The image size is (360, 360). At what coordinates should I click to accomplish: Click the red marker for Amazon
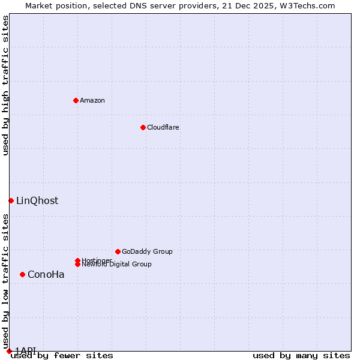(76, 100)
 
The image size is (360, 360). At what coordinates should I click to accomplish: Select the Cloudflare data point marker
(143, 127)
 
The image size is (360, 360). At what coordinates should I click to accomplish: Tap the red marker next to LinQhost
(11, 200)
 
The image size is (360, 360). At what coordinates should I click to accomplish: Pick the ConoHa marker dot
(22, 274)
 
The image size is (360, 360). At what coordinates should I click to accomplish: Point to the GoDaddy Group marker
(118, 251)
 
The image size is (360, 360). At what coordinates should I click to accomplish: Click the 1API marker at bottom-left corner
(9, 351)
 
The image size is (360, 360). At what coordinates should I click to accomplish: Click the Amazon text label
(92, 100)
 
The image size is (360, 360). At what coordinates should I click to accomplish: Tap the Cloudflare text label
(163, 127)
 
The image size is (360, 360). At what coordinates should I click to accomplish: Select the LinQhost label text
(37, 201)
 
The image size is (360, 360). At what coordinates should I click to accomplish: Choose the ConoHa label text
(46, 275)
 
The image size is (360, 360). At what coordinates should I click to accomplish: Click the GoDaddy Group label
(147, 251)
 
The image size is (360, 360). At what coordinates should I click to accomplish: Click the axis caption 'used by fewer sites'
(62, 356)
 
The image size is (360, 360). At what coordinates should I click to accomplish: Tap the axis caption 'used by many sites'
(301, 356)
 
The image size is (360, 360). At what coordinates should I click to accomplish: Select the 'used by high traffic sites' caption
(5, 85)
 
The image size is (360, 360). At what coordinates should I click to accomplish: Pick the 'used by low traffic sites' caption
(5, 281)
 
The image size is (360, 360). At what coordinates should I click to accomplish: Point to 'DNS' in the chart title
(133, 5)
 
